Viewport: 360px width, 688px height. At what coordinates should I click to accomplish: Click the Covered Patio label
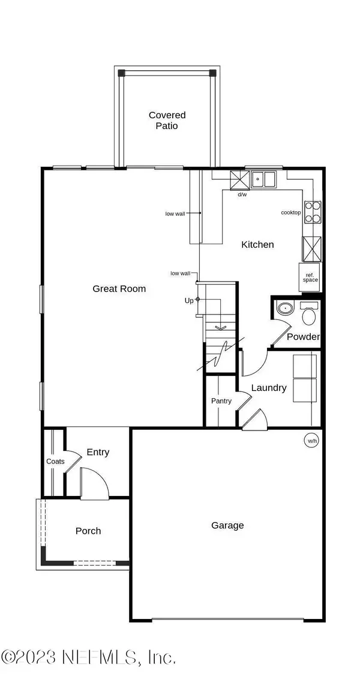click(167, 120)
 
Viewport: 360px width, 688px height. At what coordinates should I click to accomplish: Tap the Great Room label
click(119, 288)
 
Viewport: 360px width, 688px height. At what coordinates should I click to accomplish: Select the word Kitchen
click(257, 244)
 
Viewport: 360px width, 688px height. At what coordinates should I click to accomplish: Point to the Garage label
click(227, 525)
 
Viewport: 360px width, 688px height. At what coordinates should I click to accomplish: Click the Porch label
click(88, 531)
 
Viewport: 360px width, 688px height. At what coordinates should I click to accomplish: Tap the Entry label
click(98, 452)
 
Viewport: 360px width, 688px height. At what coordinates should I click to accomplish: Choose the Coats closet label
click(55, 461)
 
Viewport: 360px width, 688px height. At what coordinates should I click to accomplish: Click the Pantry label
click(221, 401)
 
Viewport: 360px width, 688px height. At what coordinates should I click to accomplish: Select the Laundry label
click(268, 388)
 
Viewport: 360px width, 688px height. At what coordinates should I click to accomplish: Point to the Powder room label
click(303, 336)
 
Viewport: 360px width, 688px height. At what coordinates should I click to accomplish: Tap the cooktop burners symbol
click(313, 212)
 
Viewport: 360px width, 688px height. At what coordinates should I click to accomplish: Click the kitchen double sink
click(263, 178)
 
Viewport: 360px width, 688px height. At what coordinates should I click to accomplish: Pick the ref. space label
click(310, 277)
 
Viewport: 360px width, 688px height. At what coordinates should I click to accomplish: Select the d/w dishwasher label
click(242, 195)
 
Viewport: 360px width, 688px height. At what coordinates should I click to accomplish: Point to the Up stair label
click(189, 300)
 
